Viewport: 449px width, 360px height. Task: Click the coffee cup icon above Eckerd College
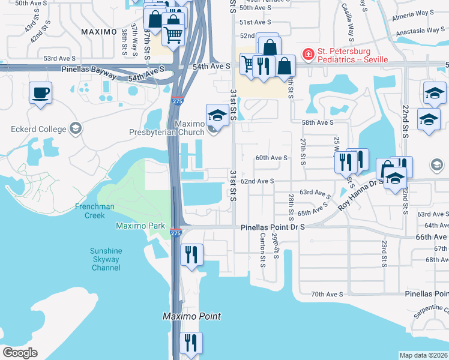coord(41,93)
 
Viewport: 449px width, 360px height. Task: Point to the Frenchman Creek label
coord(94,211)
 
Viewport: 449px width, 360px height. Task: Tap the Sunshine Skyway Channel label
coord(106,259)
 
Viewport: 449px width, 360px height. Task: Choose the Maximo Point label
coord(192,316)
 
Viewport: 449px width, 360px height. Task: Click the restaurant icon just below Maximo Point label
coord(191,343)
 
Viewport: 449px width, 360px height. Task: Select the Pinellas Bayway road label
coord(89,70)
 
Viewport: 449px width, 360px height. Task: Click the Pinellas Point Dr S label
coord(273,227)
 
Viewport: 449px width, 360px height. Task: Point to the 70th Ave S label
coord(327,294)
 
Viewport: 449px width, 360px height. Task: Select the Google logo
coord(20,352)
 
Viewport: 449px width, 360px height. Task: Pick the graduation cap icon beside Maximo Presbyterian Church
coord(217,115)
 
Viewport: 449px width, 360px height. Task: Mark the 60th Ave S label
coord(271,158)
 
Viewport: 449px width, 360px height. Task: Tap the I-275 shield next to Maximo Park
coord(175,232)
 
